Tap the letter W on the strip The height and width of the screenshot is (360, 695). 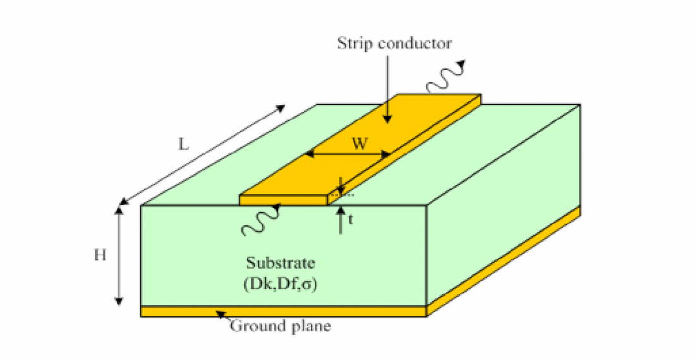[360, 143]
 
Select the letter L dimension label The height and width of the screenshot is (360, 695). [183, 145]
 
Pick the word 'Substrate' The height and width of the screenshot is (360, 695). [280, 262]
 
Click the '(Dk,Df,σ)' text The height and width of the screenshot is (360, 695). [280, 284]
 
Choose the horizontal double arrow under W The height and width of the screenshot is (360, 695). [348, 154]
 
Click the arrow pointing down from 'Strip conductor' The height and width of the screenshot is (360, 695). [388, 88]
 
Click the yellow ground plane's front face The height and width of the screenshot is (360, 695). [284, 311]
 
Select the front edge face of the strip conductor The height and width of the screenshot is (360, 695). [284, 200]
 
